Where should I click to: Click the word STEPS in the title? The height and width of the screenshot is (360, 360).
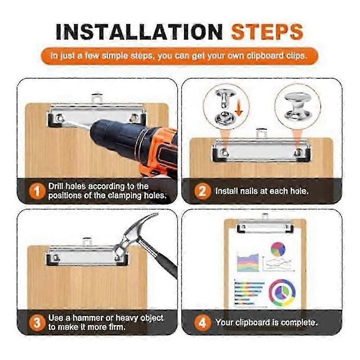(x=267, y=32)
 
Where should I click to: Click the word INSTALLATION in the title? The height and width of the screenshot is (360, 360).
(x=139, y=32)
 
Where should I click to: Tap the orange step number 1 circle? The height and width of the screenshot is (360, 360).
(x=37, y=191)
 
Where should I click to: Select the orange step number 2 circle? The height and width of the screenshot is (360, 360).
(x=202, y=191)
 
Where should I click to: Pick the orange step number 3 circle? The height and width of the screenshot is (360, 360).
(x=37, y=323)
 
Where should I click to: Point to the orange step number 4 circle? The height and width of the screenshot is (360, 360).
(x=202, y=323)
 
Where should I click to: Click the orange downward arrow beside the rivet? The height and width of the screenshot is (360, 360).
(x=239, y=109)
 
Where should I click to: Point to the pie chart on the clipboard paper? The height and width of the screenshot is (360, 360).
(x=278, y=249)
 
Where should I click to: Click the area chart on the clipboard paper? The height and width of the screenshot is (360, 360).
(x=248, y=262)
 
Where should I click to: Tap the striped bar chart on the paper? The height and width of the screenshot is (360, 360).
(x=249, y=293)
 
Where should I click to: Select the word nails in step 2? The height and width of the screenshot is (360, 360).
(x=249, y=191)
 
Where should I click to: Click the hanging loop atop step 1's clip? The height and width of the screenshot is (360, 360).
(x=97, y=98)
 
